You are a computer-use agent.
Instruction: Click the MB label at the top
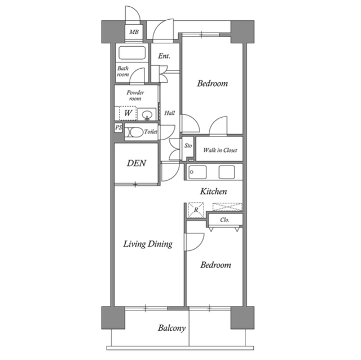point(134,32)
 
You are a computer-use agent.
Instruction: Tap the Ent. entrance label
point(164,56)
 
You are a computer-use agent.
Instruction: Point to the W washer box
point(128,113)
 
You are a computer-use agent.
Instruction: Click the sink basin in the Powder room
point(147,115)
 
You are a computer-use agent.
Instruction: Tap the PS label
point(118,128)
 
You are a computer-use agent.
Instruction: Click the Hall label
point(169,113)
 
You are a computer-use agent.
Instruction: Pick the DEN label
point(136,163)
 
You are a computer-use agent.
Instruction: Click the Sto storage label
point(188,146)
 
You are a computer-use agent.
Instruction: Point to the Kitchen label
point(214,192)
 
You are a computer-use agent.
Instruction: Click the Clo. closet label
point(224,220)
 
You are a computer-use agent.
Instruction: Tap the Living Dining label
point(148,244)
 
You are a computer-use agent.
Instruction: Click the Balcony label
point(171,328)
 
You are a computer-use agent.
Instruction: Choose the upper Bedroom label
point(212,84)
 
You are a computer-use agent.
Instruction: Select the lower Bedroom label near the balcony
point(215,265)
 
